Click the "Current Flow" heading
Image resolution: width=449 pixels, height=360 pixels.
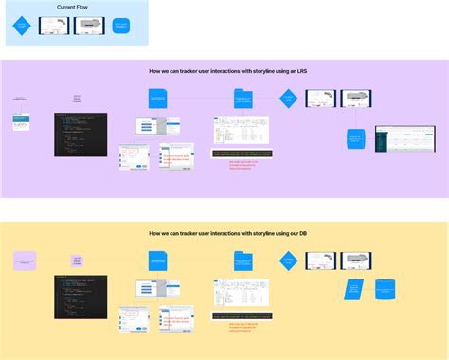(72, 8)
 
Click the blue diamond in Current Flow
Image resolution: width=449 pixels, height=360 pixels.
(22, 27)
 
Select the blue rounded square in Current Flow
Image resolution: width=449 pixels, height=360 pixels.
(120, 27)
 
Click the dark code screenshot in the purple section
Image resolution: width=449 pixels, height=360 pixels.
(81, 135)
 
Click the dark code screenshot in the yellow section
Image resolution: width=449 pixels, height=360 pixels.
(81, 297)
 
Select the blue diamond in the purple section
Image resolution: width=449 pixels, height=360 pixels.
(288, 98)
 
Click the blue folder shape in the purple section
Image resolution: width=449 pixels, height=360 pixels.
(243, 99)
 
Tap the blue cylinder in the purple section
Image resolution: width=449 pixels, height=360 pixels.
(355, 139)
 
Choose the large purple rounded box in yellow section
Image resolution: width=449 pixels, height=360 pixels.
(25, 260)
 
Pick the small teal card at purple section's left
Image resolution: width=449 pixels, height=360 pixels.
(21, 122)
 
